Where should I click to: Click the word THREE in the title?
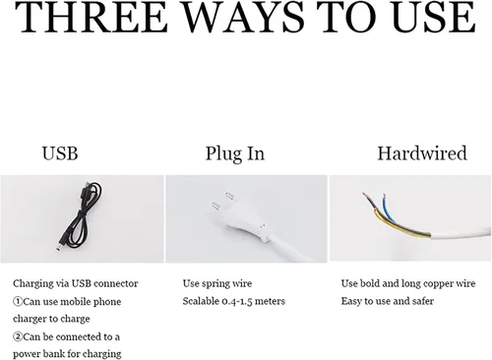click(x=92, y=17)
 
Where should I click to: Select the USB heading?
click(x=60, y=153)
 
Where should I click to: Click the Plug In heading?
click(x=235, y=153)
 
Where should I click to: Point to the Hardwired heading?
click(x=422, y=153)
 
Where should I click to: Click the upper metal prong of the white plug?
click(x=229, y=197)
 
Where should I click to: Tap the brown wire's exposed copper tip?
click(x=366, y=197)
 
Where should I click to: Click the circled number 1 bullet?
click(x=18, y=301)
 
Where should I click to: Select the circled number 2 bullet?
click(x=18, y=336)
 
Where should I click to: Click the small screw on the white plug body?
click(x=263, y=225)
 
